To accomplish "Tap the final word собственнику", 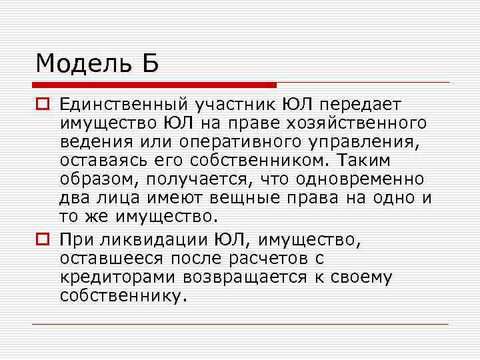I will (121, 295).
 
